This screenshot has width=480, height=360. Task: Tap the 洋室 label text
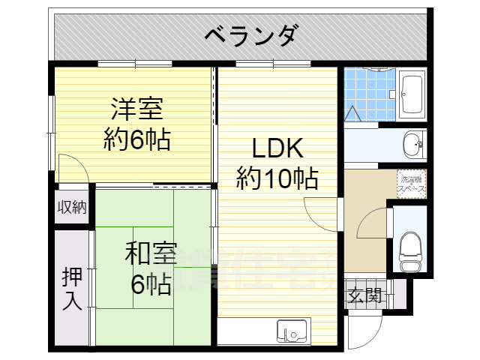pos(136,109)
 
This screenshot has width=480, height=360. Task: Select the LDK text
pos(277,147)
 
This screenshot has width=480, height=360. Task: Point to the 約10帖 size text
pos(277,178)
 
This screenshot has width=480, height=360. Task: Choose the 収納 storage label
pos(72,206)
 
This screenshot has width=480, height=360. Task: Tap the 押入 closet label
pos(71,289)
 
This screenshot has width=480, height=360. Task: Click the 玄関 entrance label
pos(365,295)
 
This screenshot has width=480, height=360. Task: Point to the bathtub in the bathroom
pos(412,94)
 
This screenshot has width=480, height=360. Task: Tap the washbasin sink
pos(412,144)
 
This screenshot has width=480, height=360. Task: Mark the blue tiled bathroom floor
pos(367,94)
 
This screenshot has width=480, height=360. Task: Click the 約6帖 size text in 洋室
pos(136,139)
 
